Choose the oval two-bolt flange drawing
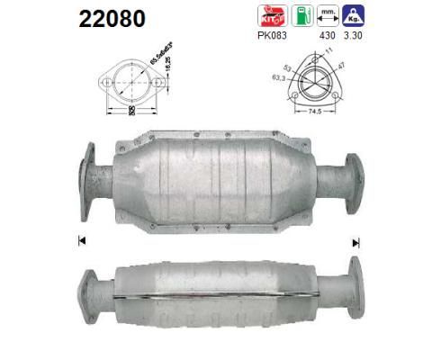coord(132,87)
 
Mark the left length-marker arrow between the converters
coord(82,240)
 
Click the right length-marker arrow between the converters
coord(355,241)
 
